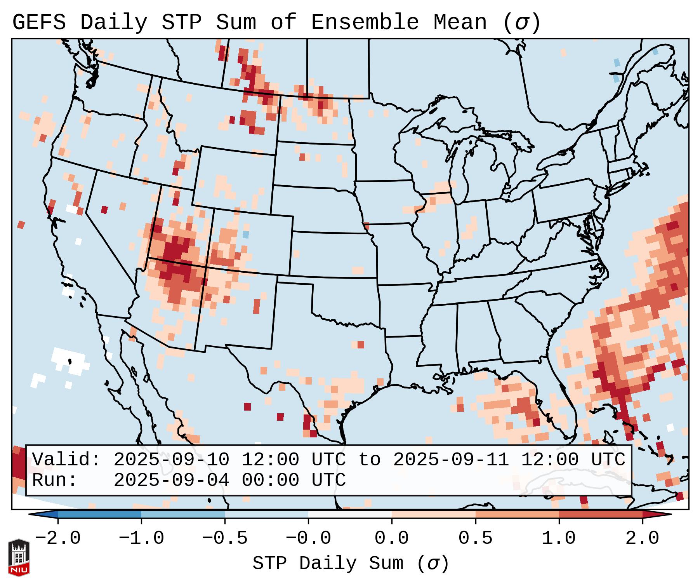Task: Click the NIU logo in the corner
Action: [x=19, y=557]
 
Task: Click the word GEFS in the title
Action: [x=39, y=23]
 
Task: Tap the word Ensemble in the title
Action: [x=365, y=23]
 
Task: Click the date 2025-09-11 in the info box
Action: [x=451, y=460]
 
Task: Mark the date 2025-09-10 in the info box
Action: [x=171, y=460]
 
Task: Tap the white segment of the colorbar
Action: [x=350, y=514]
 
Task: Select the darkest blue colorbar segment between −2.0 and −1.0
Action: [x=99, y=514]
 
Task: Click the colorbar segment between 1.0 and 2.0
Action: [x=601, y=514]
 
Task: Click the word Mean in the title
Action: [x=460, y=23]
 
